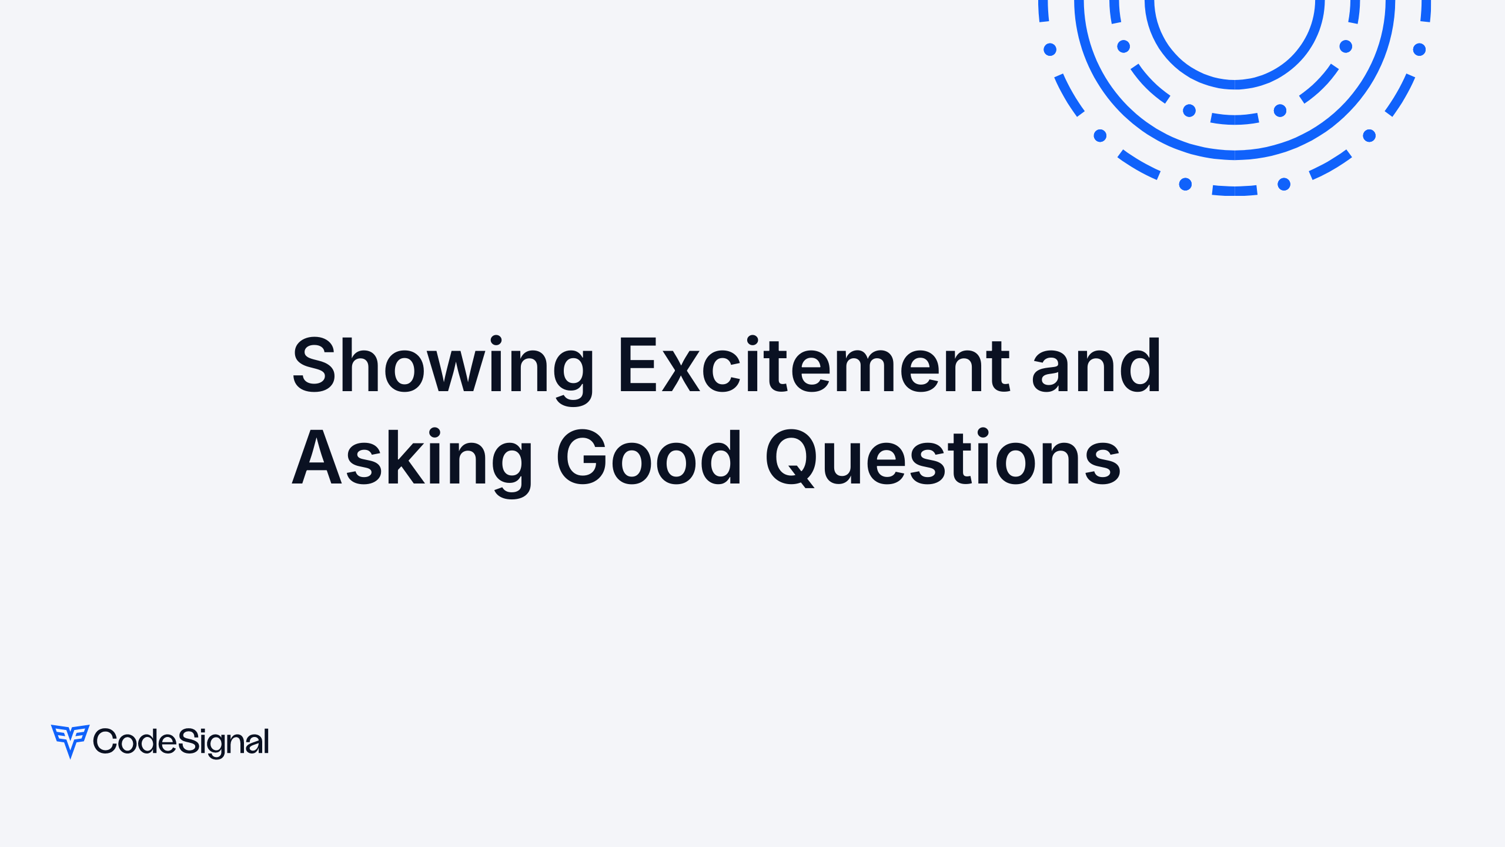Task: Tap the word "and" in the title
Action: [1096, 366]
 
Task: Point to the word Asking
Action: [412, 459]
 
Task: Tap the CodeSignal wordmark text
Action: [181, 742]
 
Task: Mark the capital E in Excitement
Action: [637, 366]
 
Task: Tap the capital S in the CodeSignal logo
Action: [189, 741]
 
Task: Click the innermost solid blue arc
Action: [1235, 84]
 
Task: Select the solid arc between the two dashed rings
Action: [1235, 155]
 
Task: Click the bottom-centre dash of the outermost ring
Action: [1235, 191]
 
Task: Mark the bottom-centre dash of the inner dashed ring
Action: [1235, 119]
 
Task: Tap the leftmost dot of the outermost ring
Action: [1050, 49]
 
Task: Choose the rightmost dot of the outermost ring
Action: [1419, 49]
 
